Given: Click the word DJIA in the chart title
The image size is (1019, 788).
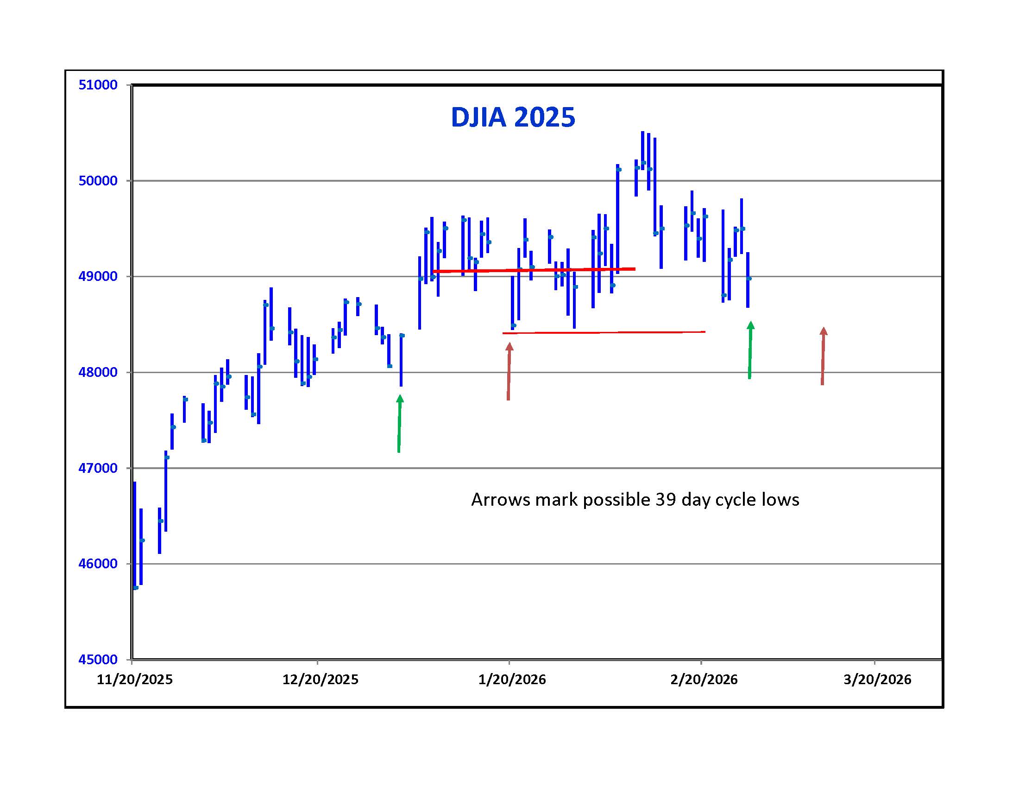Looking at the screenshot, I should click(478, 117).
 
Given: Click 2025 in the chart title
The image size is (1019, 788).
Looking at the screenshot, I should click(545, 117).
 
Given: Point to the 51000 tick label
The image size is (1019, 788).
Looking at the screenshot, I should click(98, 85).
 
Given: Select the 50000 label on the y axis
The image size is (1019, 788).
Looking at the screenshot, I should click(98, 181).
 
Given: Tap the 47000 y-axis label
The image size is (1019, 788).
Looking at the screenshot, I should click(98, 468).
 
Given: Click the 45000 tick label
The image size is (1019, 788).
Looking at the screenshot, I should click(98, 660).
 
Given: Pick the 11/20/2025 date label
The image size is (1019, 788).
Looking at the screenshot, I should click(134, 679).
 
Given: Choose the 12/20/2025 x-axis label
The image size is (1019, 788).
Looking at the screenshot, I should click(320, 679).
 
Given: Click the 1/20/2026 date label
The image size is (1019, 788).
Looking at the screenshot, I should click(512, 679).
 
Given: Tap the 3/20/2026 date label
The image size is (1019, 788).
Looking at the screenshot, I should click(877, 679).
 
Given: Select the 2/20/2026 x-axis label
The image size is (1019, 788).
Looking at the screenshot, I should click(704, 679).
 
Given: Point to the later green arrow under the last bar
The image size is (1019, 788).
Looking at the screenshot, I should click(750, 350).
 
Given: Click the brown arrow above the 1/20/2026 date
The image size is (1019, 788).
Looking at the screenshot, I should click(509, 371).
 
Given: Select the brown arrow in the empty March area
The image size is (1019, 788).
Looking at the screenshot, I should click(823, 356).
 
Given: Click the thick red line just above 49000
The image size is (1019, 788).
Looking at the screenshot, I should click(534, 270).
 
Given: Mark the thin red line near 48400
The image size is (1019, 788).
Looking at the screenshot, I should click(604, 332).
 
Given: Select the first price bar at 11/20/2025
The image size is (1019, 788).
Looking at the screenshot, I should click(135, 534).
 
